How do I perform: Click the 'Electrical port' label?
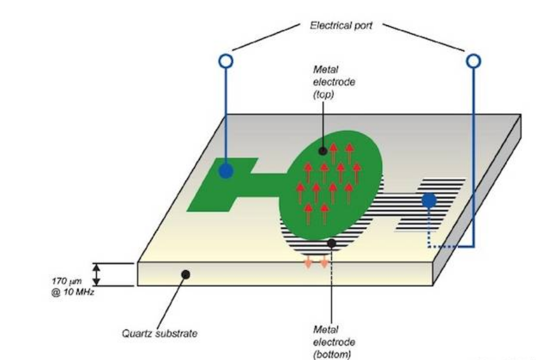tap(341, 26)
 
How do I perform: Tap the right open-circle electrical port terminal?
tap(472, 61)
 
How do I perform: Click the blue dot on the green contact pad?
tap(226, 170)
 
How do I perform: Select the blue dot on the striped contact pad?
tap(428, 200)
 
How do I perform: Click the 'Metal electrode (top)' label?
tap(334, 81)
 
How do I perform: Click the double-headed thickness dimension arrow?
tap(96, 274)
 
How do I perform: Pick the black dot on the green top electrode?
tap(323, 151)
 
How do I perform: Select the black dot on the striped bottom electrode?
tap(332, 244)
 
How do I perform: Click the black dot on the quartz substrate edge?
tap(185, 275)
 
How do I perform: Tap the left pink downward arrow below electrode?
tap(308, 262)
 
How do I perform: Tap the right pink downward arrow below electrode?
tap(324, 262)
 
